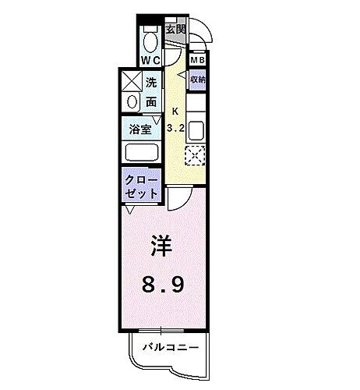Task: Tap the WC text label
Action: pos(150,59)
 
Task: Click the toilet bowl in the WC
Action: pos(151,39)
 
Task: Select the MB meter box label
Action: pos(198,60)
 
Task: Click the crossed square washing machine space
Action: pos(129,80)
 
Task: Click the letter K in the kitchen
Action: pos(175,110)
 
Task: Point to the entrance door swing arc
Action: pos(204,34)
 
